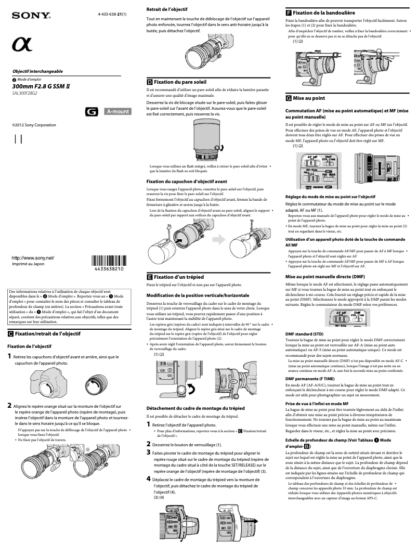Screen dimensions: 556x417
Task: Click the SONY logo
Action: tap(32, 16)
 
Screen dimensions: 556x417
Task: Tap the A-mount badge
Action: tap(118, 111)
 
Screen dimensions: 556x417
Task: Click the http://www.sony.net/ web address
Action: tap(33, 258)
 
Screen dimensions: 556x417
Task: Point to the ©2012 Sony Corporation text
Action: tap(34, 125)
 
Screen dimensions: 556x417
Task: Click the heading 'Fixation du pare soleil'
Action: tap(180, 82)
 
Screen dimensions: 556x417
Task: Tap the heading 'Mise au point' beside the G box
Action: tap(309, 98)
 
